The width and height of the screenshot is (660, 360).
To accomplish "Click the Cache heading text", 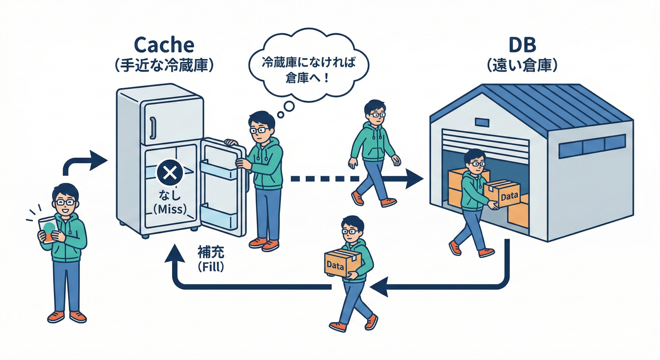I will point(164,45).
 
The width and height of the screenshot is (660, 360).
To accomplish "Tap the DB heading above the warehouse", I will point(522,45).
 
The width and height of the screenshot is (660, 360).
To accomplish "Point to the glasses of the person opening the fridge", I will point(259,129).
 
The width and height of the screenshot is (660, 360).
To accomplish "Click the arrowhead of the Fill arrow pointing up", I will point(176,254).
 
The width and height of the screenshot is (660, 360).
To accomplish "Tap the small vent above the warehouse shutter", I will point(482,122).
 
